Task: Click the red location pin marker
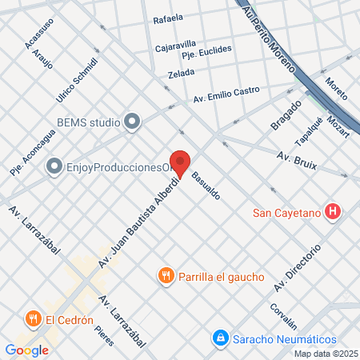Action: click(x=180, y=164)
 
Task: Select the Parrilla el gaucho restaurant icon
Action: click(x=166, y=276)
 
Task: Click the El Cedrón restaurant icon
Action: click(x=34, y=319)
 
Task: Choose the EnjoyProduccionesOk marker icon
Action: click(x=54, y=167)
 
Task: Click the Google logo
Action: click(x=27, y=350)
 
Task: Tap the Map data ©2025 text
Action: click(x=326, y=354)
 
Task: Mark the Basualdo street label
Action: click(x=205, y=186)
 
